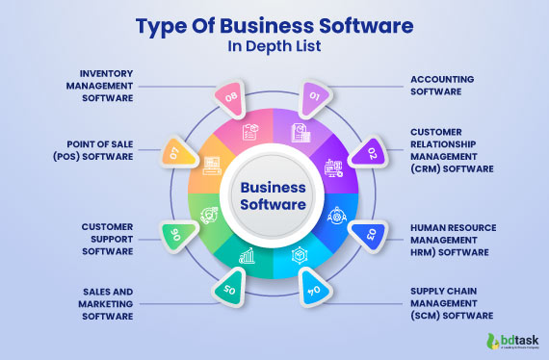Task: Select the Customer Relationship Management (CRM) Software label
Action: (451, 149)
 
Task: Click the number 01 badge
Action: (314, 94)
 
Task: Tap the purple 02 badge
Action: (369, 152)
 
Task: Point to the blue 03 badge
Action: (367, 232)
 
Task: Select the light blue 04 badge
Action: (313, 289)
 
